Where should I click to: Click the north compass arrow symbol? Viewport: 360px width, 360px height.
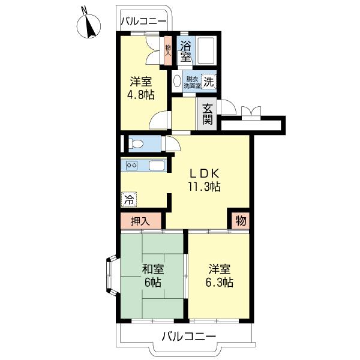(x=91, y=26)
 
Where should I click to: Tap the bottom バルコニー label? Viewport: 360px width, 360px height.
(x=188, y=336)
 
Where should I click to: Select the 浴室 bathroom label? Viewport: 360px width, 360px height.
(x=185, y=51)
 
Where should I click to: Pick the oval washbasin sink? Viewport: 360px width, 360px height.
(x=178, y=82)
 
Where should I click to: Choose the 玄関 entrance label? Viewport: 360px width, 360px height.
(x=207, y=113)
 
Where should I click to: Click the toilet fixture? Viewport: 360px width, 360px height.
(x=135, y=144)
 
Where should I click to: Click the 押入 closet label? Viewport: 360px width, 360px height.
(x=140, y=221)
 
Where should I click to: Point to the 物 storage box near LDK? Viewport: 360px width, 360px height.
(x=240, y=220)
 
